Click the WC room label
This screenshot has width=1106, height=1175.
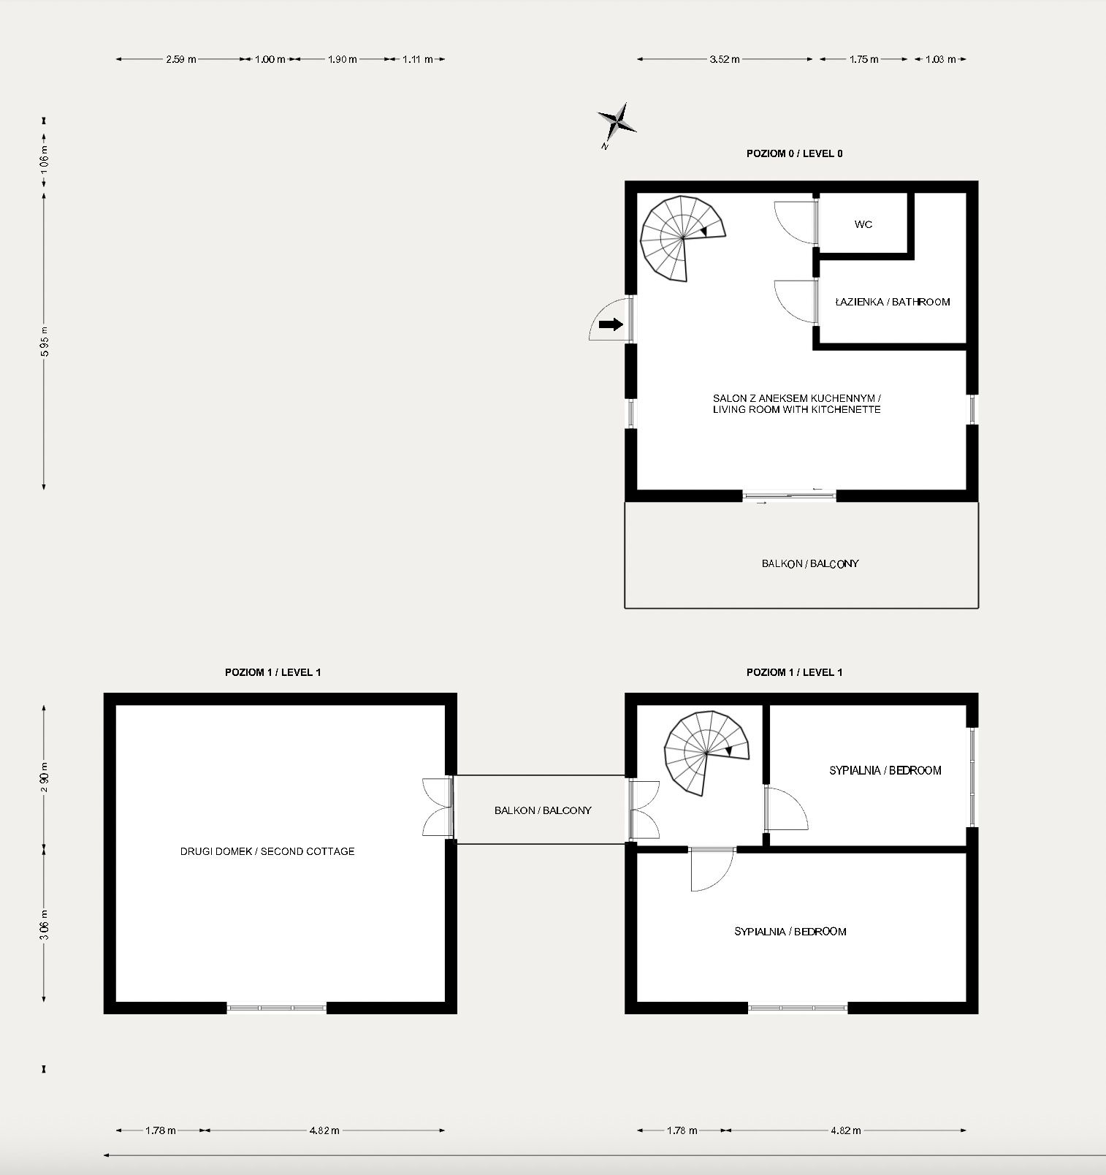coord(863,224)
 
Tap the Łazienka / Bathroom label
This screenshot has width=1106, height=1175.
coord(892,302)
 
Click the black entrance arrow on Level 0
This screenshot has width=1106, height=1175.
coord(611,324)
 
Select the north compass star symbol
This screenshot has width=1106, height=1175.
coord(617,122)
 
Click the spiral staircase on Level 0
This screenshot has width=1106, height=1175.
coord(681,238)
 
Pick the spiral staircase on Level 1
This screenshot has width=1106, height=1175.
coord(706,753)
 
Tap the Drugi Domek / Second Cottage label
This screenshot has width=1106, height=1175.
coord(267,851)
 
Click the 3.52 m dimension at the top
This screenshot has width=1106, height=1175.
coord(724,59)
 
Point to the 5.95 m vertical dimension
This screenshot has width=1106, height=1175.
coord(45,341)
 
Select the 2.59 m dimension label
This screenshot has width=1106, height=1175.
coord(180,59)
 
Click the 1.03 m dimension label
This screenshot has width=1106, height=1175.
coord(940,59)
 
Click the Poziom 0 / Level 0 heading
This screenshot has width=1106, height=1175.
coord(794,153)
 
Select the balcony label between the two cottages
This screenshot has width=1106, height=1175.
coord(542,810)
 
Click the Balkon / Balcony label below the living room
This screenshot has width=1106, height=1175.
coord(809,563)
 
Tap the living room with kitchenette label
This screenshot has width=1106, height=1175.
coord(796,404)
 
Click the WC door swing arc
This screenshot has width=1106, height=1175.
coord(792,223)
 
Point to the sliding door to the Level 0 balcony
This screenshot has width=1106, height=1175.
coord(789,495)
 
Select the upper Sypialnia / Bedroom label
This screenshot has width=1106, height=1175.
coord(885,770)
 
